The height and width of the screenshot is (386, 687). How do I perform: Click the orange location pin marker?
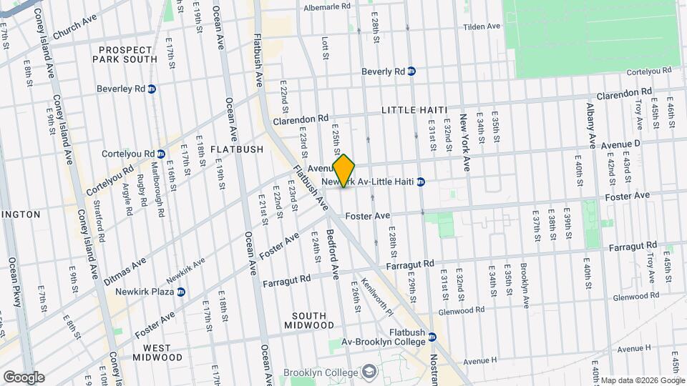coord(344,170)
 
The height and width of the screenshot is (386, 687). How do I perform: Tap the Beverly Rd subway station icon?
coord(412,71)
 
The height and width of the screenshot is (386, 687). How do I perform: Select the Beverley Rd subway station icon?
coord(152,89)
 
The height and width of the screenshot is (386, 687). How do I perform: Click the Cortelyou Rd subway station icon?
coord(161,154)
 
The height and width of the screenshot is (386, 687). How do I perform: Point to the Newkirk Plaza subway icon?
coord(181,292)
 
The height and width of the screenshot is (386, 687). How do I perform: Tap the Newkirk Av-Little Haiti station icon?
coord(422,182)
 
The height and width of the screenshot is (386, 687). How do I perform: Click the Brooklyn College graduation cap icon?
coord(369,372)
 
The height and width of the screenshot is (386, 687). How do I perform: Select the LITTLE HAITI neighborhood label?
coord(414,109)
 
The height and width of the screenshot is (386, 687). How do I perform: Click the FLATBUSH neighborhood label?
coord(218,149)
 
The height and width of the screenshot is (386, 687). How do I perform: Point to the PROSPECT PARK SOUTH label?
coord(126,54)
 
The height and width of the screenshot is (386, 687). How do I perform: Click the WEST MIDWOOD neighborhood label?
coord(151,352)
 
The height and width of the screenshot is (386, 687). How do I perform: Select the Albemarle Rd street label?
coord(326,6)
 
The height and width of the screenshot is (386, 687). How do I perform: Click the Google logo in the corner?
coord(24,377)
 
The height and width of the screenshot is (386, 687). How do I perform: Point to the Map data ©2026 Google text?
coord(643,380)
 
